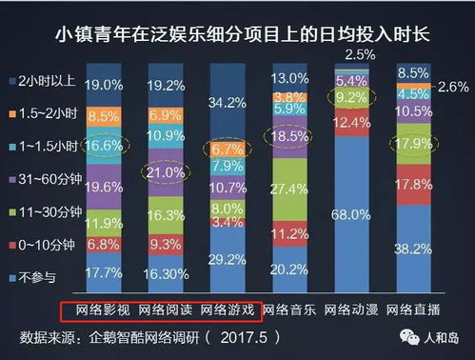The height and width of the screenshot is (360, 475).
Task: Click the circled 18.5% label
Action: (x=286, y=138)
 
